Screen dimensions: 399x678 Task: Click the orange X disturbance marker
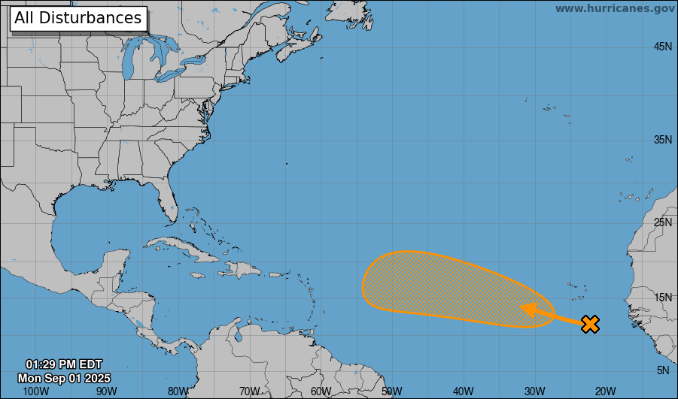[x=591, y=325]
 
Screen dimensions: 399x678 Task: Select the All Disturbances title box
[x=78, y=18]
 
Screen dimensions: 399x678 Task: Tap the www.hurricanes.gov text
[x=615, y=8]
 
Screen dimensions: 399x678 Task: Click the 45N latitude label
[x=662, y=47]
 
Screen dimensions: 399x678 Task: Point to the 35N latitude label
[x=662, y=140]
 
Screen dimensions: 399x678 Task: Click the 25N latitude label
[x=662, y=222]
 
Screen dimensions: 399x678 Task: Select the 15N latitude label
[x=662, y=298]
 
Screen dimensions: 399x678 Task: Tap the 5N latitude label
[x=663, y=370]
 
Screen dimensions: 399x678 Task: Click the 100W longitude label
[x=36, y=391]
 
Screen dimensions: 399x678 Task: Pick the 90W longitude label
[x=107, y=391]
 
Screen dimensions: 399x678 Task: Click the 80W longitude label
[x=178, y=391]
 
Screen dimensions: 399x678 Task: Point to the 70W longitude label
[x=250, y=391]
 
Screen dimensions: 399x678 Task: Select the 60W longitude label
[x=321, y=391]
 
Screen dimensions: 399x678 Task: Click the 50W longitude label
[x=392, y=391]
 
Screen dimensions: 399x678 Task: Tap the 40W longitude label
[x=464, y=391]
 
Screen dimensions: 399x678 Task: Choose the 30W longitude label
[x=534, y=391]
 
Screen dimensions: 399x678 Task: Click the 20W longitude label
[x=606, y=391]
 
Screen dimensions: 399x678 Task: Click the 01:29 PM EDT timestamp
[x=64, y=364]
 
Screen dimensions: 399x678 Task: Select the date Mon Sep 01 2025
[x=64, y=377]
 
